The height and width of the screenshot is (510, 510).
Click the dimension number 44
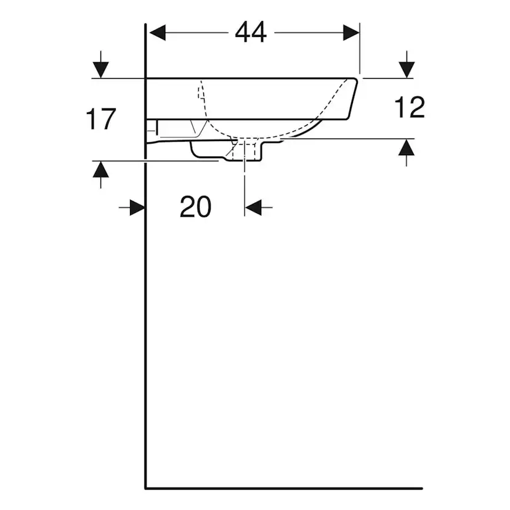(x=251, y=32)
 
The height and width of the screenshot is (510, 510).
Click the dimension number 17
(x=101, y=119)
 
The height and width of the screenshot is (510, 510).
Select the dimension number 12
(x=410, y=107)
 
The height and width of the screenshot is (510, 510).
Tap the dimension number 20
(x=195, y=206)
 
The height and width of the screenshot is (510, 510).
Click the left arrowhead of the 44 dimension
(x=158, y=33)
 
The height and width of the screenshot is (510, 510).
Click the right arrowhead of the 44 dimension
(x=351, y=33)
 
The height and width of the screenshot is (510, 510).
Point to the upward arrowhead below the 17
(x=100, y=169)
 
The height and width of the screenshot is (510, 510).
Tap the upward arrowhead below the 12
(x=407, y=147)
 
